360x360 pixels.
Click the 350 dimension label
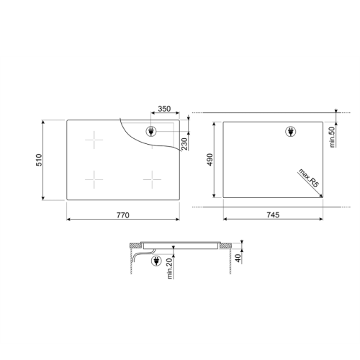pyautogui.click(x=163, y=109)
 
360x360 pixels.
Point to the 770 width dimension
pyautogui.click(x=122, y=215)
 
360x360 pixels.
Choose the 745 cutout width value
pyautogui.click(x=272, y=215)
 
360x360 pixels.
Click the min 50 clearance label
pyautogui.click(x=333, y=136)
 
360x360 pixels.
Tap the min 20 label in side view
pyautogui.click(x=170, y=269)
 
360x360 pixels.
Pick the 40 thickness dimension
pyautogui.click(x=238, y=258)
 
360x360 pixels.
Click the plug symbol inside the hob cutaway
pyautogui.click(x=151, y=131)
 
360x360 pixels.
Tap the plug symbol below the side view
pyautogui.click(x=156, y=262)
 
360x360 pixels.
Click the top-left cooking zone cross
pyautogui.click(x=94, y=140)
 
